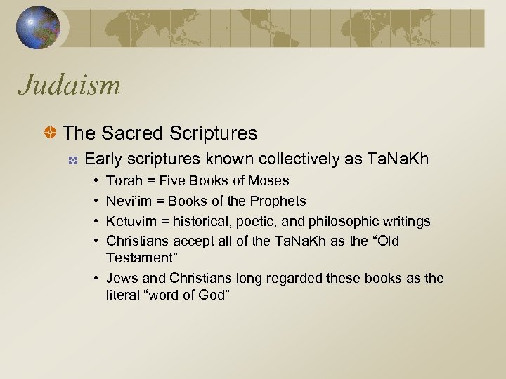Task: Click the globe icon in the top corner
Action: pos(39,28)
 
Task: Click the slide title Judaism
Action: pos(70,86)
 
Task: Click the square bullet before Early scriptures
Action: pos(72,159)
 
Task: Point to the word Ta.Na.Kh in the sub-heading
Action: pos(398,159)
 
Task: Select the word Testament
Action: pos(137,258)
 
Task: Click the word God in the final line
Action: pos(214,294)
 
